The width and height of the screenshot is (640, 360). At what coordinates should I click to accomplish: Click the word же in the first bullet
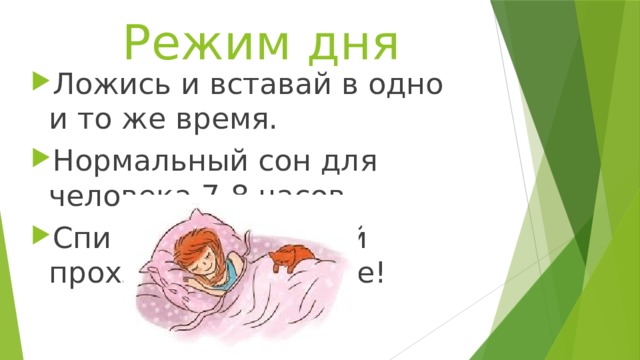click(133, 122)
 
